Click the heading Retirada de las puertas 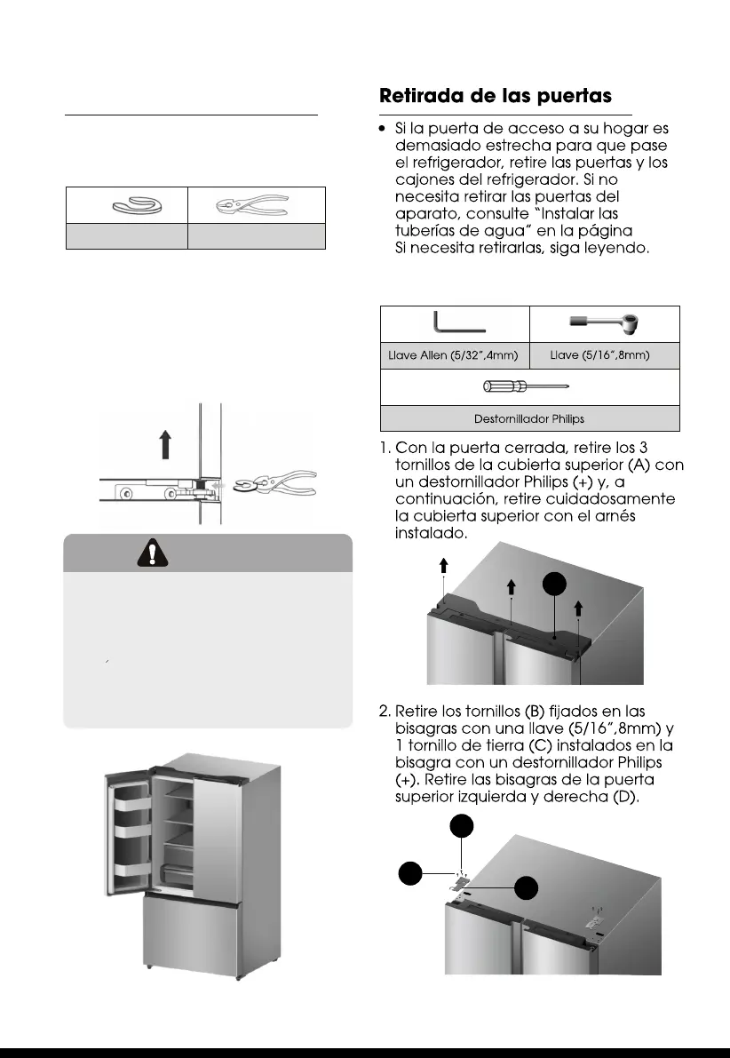pyautogui.click(x=496, y=96)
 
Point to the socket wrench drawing pyautogui.click(x=605, y=322)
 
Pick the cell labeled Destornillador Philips pyautogui.click(x=529, y=418)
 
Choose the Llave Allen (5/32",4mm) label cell pyautogui.click(x=454, y=355)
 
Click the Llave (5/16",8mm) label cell pyautogui.click(x=604, y=355)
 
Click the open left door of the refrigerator pyautogui.click(x=129, y=835)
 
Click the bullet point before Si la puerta pyautogui.click(x=382, y=130)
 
